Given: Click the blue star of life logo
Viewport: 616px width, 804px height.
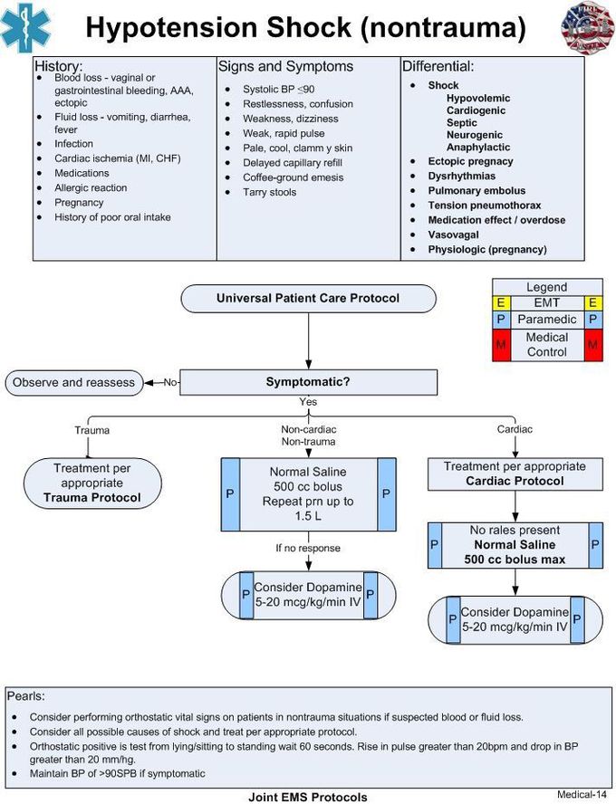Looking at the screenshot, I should [x=26, y=27].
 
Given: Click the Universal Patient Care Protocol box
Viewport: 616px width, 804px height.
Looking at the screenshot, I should [x=308, y=298].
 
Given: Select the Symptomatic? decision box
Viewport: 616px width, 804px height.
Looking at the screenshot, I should [x=308, y=381].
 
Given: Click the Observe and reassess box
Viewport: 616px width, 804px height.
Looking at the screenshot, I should [x=73, y=382].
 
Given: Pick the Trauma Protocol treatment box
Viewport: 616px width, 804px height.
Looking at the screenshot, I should [x=91, y=483].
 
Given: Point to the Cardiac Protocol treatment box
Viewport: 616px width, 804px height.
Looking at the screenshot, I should [x=515, y=474].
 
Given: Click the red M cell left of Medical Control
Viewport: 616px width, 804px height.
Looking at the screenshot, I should [x=501, y=344].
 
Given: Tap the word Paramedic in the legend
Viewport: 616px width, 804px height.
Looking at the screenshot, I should [x=547, y=320].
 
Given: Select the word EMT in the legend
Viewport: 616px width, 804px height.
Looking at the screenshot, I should [x=547, y=303].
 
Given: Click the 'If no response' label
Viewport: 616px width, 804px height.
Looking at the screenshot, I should [x=308, y=548].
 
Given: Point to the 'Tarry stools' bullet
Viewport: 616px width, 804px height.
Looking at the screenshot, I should [x=270, y=192].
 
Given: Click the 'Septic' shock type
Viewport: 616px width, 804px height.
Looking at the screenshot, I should [x=462, y=122].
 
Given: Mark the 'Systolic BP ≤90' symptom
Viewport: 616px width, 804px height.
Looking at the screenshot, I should [x=278, y=89].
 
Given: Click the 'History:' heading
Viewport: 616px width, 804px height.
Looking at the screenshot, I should [x=58, y=67].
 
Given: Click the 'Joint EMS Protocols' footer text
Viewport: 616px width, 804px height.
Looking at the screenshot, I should [x=308, y=797].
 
